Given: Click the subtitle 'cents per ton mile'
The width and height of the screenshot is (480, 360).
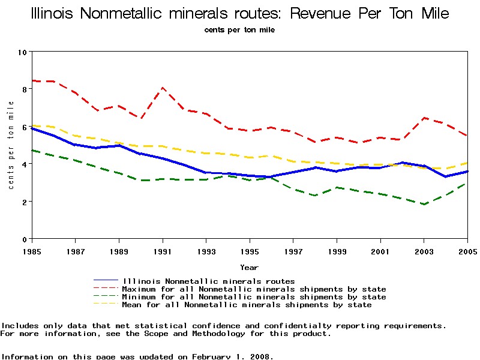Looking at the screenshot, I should [239, 29].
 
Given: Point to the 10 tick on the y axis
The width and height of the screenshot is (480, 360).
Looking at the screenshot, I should [24, 52].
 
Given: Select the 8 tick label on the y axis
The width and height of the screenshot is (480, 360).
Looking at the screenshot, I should [24, 89].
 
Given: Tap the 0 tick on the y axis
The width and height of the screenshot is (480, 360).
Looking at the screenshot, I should [24, 239].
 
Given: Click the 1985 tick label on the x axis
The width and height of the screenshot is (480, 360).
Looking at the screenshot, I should [32, 250].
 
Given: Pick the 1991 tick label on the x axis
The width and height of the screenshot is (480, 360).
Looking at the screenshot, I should [163, 250].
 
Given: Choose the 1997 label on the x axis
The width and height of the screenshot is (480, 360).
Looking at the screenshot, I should [293, 250].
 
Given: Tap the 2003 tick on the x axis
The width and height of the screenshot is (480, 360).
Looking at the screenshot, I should [424, 250].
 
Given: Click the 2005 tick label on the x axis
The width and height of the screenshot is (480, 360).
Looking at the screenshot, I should [467, 250].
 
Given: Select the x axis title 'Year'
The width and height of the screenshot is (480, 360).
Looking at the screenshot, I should [250, 267].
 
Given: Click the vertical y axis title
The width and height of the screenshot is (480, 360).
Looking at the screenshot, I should [11, 145].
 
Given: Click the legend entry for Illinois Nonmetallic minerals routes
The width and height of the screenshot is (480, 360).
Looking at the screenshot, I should [208, 281].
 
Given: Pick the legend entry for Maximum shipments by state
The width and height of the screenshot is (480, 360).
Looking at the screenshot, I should [254, 289].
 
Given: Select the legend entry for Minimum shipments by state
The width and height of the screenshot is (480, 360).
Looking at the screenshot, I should [254, 297].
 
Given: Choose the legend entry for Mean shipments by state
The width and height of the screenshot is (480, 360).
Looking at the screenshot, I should [247, 305].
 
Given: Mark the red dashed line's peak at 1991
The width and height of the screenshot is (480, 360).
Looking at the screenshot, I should [163, 88].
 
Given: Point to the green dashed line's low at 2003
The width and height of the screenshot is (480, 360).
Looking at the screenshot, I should [424, 204].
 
